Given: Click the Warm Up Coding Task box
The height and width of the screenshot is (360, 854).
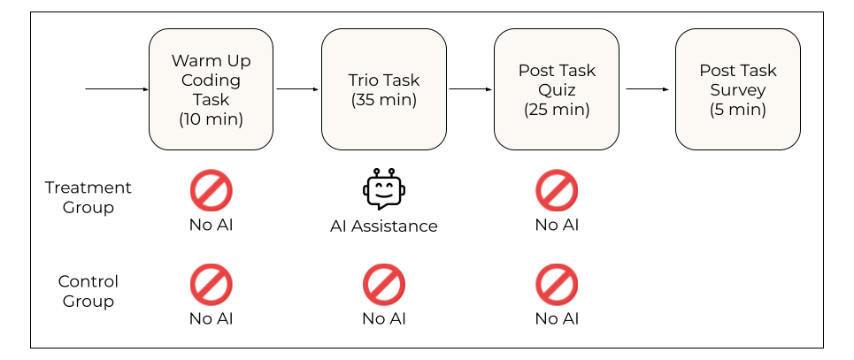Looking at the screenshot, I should [211, 89].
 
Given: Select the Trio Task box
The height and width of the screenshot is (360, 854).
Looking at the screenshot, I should [383, 89].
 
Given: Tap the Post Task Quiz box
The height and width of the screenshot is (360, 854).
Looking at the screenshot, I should [556, 89].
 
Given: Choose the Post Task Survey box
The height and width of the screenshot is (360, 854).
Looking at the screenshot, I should [737, 89].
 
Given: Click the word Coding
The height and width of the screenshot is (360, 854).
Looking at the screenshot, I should [211, 80].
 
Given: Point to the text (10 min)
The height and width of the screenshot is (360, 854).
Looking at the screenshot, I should [211, 119].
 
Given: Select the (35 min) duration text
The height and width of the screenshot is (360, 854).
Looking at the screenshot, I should [383, 99].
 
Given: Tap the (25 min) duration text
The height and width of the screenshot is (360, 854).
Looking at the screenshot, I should [557, 109].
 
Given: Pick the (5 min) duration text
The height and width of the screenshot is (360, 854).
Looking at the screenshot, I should [737, 109].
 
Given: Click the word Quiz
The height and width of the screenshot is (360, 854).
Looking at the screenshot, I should [557, 89].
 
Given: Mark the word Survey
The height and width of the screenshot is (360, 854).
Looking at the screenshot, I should [737, 89].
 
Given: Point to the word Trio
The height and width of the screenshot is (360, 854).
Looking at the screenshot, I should [364, 80].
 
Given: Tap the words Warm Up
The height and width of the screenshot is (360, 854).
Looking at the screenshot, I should [211, 61].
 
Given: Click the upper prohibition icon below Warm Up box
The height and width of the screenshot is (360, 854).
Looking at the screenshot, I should [212, 191].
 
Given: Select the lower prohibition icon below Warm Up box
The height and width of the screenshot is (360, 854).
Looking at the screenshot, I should [212, 285].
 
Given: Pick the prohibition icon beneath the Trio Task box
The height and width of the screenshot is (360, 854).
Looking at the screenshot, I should [384, 285].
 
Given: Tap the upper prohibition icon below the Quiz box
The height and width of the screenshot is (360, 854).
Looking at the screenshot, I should [557, 191].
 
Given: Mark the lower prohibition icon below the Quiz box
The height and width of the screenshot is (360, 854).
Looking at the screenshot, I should [557, 285].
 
